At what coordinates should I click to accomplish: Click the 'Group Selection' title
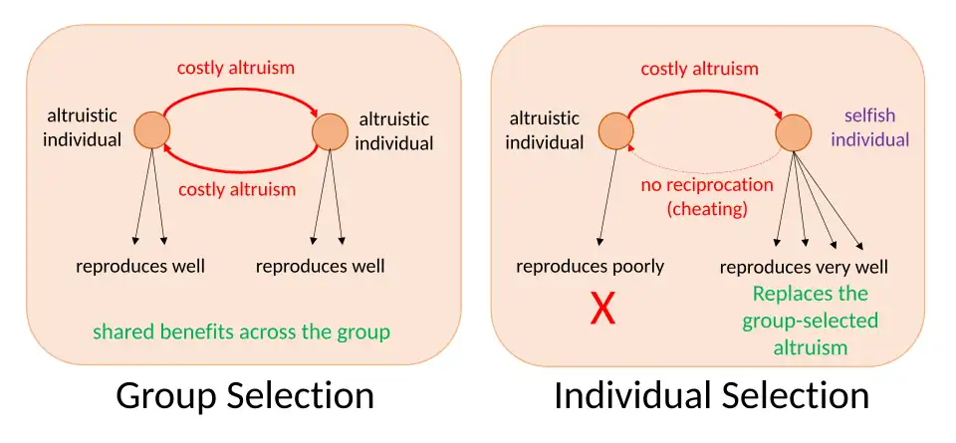click(x=245, y=396)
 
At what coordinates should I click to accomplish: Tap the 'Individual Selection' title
click(x=711, y=396)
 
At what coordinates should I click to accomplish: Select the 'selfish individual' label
click(x=870, y=128)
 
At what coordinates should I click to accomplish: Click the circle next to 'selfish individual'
click(x=794, y=131)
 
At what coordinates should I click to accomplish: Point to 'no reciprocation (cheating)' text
click(x=707, y=197)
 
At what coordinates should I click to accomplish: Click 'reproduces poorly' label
click(x=591, y=267)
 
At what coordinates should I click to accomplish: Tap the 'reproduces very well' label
click(x=804, y=268)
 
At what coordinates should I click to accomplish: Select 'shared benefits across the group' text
click(x=241, y=332)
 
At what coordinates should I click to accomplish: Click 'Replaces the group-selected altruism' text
click(x=811, y=320)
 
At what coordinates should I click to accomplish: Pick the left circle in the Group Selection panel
click(x=151, y=130)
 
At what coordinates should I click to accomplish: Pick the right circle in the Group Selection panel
click(x=330, y=131)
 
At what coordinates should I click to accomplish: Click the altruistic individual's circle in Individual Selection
click(x=615, y=131)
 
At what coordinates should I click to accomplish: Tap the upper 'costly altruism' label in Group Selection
click(x=236, y=68)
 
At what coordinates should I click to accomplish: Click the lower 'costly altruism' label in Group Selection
click(x=237, y=189)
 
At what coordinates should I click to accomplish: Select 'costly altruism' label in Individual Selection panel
click(x=700, y=69)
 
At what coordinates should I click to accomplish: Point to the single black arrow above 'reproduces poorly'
click(x=607, y=197)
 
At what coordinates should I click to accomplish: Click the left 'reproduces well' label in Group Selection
click(x=140, y=266)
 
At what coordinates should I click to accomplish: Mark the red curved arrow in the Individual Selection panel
click(x=704, y=92)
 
